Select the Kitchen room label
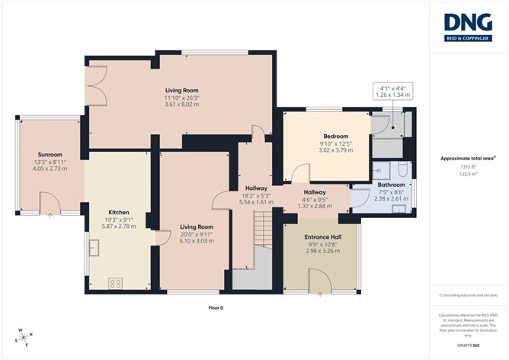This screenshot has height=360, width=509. (x=118, y=212)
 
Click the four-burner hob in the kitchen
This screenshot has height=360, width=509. (x=117, y=282)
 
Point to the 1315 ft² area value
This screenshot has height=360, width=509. (x=468, y=166)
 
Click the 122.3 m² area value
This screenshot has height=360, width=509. (x=468, y=174)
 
